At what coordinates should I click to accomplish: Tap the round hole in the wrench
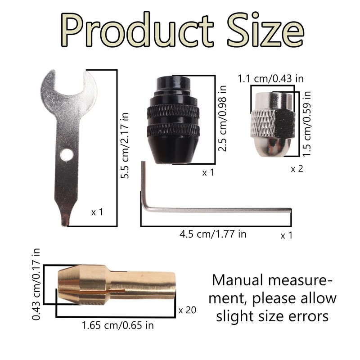[67, 154]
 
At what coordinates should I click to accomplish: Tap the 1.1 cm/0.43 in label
[271, 78]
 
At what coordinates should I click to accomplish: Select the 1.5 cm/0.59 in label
[307, 123]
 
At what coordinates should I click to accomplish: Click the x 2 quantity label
[297, 169]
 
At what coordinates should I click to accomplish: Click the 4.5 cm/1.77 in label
[213, 234]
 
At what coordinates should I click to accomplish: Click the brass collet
[113, 284]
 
